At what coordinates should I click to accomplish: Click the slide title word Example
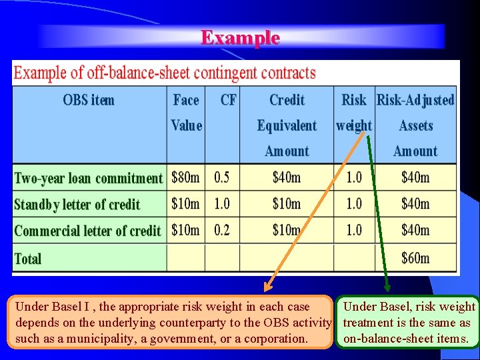point(240,37)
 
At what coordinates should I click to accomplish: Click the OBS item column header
point(89,100)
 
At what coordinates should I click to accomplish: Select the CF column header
point(228,100)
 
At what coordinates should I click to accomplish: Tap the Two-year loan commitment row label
point(88,178)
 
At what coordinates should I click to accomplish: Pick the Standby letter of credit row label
point(77,205)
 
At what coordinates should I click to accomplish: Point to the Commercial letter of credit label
point(87,231)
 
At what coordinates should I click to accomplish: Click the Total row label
point(28,259)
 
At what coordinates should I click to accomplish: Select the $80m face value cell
point(185,178)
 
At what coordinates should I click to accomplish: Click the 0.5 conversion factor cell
point(221,178)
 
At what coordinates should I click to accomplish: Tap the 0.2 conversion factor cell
point(221,231)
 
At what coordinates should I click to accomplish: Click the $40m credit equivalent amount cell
point(287,178)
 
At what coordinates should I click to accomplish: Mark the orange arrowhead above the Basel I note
point(267,288)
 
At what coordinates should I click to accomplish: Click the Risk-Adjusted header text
point(415,100)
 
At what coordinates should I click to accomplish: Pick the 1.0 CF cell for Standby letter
point(221,205)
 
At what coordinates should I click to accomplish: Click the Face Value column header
point(186,113)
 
